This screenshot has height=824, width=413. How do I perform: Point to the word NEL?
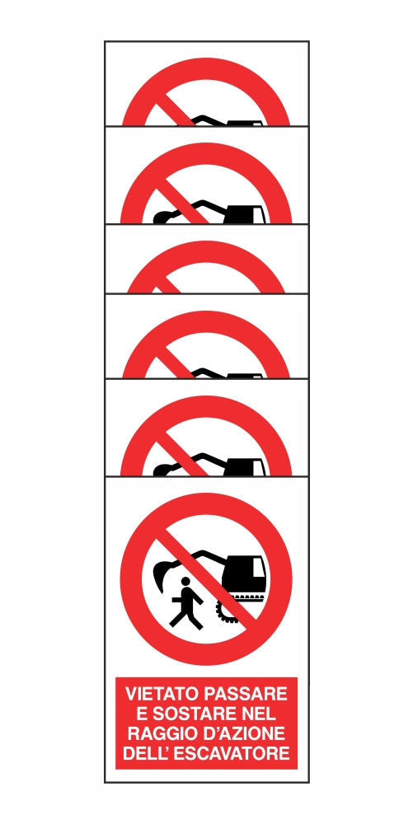(258, 714)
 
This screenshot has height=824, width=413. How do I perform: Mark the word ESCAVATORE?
(232, 752)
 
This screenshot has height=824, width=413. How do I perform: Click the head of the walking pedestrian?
(185, 581)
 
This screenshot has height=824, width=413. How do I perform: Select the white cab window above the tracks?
(258, 568)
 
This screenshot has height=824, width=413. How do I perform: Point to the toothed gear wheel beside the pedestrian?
(226, 612)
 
